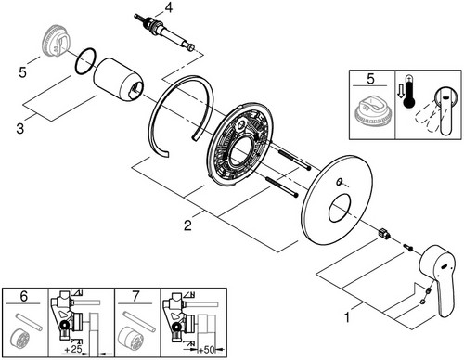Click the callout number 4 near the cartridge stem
point(169,7)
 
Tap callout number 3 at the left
point(20,128)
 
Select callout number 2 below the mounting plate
point(187,225)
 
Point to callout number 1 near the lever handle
point(347,317)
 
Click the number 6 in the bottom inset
point(24,296)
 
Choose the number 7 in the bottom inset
point(135,296)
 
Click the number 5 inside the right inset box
point(370,79)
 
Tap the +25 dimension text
point(73,350)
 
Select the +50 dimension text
point(206,350)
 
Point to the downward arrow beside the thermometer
point(401,91)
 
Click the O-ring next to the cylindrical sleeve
point(85,61)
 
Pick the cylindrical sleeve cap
point(119,79)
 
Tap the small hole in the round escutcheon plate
point(339,182)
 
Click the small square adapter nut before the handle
point(383,233)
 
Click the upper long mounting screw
point(294,160)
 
